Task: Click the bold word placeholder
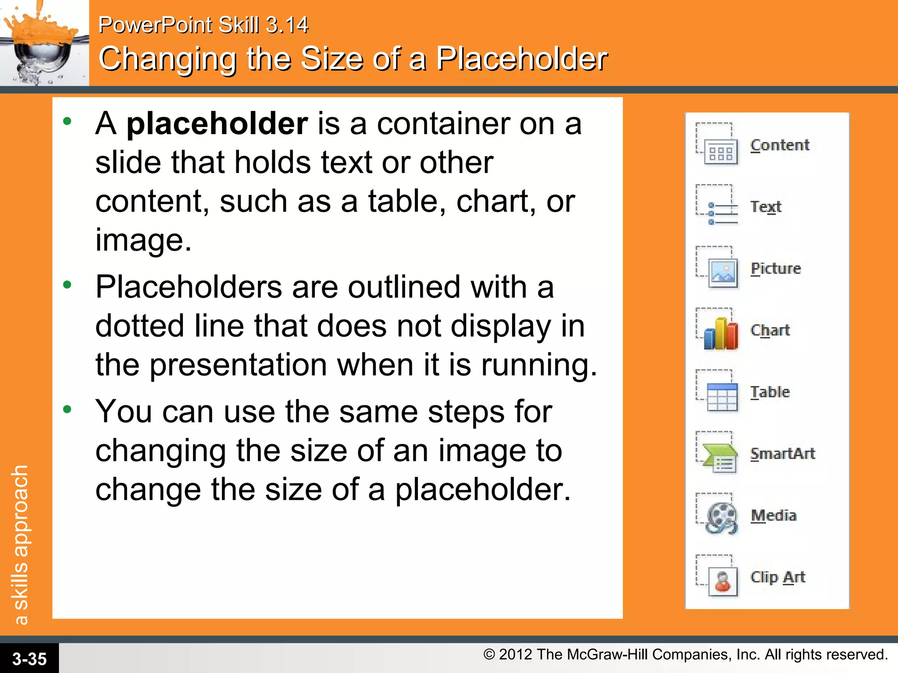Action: click(217, 124)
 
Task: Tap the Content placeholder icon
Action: click(717, 145)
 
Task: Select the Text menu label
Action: click(766, 206)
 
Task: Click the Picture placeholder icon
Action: click(718, 268)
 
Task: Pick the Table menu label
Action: click(770, 392)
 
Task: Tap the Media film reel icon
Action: click(719, 516)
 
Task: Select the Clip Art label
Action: click(777, 577)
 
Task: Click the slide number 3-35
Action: click(29, 659)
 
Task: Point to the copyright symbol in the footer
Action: click(489, 655)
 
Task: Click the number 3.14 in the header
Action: click(287, 25)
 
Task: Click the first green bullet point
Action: click(67, 121)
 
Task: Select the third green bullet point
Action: click(67, 410)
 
